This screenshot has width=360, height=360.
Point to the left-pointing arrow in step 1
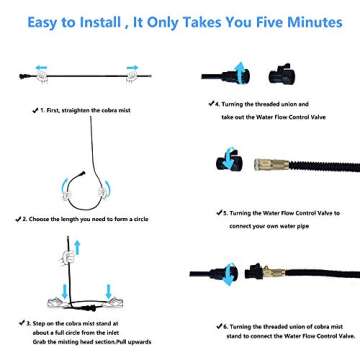coord(41,68)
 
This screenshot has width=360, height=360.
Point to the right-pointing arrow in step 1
coord(131,68)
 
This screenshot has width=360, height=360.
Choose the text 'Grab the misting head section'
coord(68,341)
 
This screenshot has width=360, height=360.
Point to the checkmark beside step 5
coord(214,212)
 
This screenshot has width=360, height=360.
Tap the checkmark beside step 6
coord(214,326)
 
